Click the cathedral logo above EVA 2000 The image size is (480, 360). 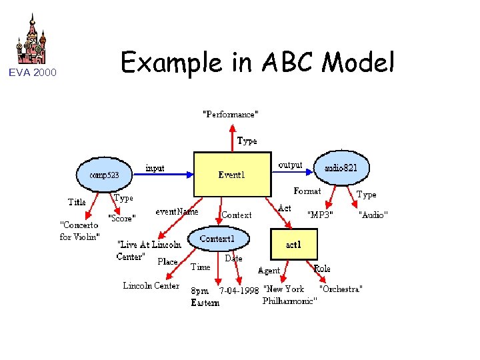(x=32, y=41)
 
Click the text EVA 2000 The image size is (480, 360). (x=32, y=73)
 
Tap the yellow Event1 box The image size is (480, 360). (x=232, y=175)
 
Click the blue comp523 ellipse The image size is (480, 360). (x=104, y=175)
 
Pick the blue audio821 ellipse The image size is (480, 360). (x=341, y=169)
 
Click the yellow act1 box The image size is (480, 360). (x=293, y=245)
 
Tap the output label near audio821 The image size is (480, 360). (x=290, y=165)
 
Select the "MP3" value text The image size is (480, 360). (x=320, y=215)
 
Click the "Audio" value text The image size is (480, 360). (x=373, y=215)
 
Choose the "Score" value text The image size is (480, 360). (x=122, y=218)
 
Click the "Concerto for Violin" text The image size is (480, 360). (x=80, y=231)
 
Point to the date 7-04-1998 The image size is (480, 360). (x=239, y=291)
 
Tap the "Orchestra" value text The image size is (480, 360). (x=341, y=289)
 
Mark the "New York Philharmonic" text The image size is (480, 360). (x=288, y=295)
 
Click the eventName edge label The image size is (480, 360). (x=177, y=211)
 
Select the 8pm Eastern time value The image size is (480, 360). (x=205, y=297)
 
